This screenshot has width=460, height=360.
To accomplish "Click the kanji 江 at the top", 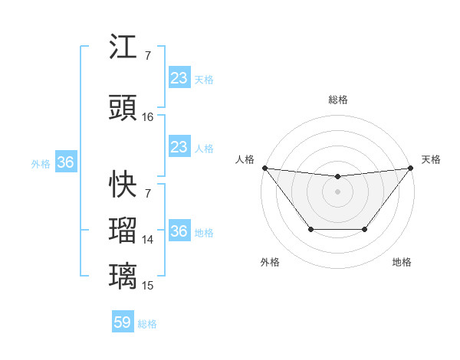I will pyautogui.click(x=123, y=47).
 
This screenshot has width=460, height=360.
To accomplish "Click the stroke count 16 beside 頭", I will pyautogui.click(x=148, y=117).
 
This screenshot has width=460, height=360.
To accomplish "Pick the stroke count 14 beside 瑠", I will pyautogui.click(x=148, y=239).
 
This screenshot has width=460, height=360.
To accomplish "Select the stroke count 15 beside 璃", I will pyautogui.click(x=148, y=285).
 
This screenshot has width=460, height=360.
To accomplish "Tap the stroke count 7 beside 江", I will pyautogui.click(x=147, y=56).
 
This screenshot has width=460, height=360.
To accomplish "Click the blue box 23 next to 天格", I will pyautogui.click(x=179, y=78).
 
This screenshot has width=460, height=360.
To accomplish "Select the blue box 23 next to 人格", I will pyautogui.click(x=179, y=147).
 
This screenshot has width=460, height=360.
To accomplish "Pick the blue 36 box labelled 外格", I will pyautogui.click(x=65, y=162).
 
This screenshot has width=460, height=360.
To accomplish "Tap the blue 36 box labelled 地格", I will pyautogui.click(x=179, y=231).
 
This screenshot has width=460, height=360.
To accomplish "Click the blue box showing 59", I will pyautogui.click(x=123, y=322).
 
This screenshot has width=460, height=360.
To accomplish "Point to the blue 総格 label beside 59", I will pyautogui.click(x=147, y=324).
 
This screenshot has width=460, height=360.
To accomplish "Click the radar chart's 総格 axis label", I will pyautogui.click(x=337, y=100).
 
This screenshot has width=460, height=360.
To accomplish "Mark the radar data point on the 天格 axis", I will pyautogui.click(x=410, y=168).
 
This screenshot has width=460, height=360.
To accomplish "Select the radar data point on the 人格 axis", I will pyautogui.click(x=264, y=168).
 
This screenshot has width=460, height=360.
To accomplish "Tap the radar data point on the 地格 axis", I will pyautogui.click(x=365, y=229).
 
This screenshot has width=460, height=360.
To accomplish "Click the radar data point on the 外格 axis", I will pyautogui.click(x=310, y=229).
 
